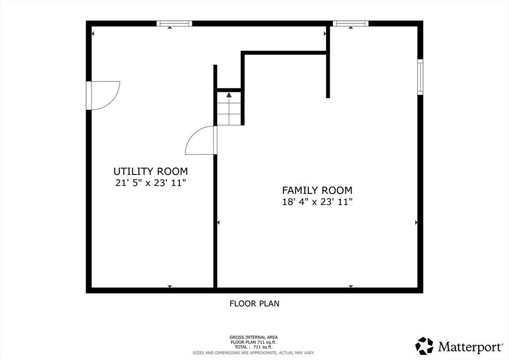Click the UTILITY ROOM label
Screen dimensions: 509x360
(151, 171)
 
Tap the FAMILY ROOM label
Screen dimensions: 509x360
(317, 190)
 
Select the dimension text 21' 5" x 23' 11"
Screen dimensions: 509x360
(151, 183)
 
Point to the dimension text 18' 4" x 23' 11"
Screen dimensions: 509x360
(317, 201)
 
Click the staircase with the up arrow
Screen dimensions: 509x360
(229, 108)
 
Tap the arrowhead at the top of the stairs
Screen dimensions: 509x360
(229, 95)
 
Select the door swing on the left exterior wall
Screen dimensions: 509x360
(105, 95)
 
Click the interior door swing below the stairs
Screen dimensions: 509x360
(200, 140)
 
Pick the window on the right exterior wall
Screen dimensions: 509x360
(420, 77)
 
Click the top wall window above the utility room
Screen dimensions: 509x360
(174, 23)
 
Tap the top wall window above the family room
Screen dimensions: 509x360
(350, 23)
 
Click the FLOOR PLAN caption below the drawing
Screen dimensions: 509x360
(254, 303)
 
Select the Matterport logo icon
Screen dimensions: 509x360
(424, 346)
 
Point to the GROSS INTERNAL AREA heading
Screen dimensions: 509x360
(254, 337)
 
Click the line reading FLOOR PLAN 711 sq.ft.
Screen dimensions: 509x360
(254, 342)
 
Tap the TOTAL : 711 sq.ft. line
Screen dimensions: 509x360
(254, 347)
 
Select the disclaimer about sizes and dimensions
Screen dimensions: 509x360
(254, 353)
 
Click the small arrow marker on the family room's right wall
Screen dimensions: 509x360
(416, 222)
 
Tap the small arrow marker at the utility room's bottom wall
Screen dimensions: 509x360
(170, 286)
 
